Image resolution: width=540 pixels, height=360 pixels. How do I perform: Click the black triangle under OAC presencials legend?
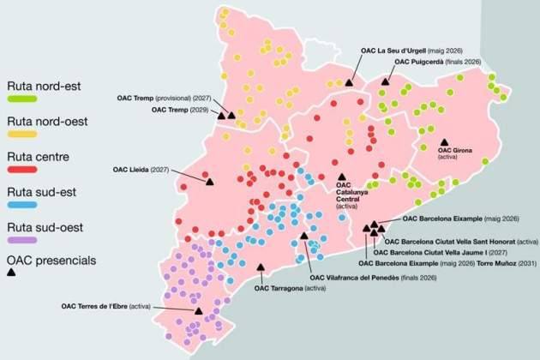click(12, 273)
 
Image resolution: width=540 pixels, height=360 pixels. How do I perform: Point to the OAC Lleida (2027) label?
click(141, 170)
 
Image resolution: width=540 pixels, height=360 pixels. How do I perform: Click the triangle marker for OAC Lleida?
click(209, 181)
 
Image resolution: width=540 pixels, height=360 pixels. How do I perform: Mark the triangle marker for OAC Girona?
click(444, 141)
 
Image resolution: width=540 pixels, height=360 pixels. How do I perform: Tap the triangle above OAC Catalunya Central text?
click(342, 176)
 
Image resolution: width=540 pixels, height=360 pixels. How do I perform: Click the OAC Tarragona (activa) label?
click(291, 288)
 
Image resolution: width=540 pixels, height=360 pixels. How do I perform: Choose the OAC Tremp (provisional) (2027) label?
click(164, 98)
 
